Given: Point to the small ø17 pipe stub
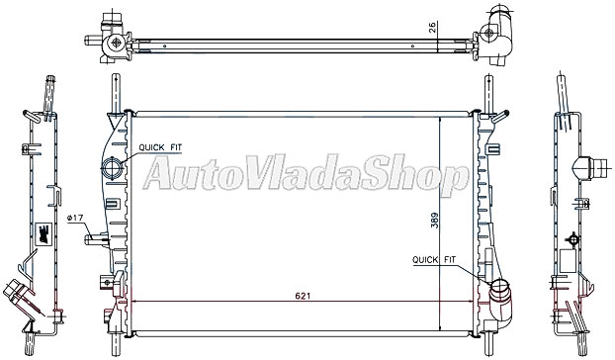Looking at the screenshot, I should pyautogui.click(x=94, y=237).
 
